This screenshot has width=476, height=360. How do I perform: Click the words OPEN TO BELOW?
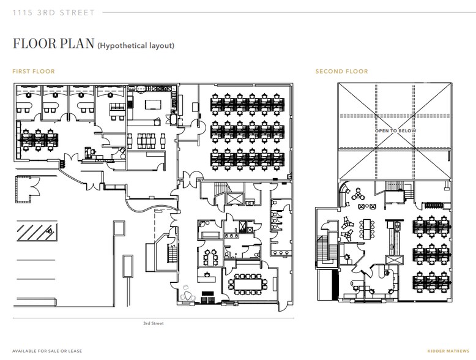396,130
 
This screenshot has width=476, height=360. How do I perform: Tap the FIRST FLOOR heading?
34,72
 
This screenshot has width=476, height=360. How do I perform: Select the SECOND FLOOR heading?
341,72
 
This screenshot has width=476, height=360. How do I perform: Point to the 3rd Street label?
154,323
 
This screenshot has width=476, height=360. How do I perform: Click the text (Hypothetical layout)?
136,45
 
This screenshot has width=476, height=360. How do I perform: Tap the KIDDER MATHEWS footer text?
448,351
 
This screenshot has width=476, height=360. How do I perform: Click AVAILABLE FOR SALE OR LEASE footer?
47,351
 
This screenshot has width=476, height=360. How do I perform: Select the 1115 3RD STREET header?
54,13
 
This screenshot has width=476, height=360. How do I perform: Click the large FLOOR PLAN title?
53,43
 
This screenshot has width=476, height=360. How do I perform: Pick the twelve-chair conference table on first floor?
248,284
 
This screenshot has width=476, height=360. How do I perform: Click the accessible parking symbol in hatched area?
50,231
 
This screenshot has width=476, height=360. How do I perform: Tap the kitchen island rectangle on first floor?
153,105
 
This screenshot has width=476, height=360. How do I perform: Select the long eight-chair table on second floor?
366,229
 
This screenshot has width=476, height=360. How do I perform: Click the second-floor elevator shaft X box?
395,260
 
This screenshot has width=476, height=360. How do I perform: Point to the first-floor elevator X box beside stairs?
236,200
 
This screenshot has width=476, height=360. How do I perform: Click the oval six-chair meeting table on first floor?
210,258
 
